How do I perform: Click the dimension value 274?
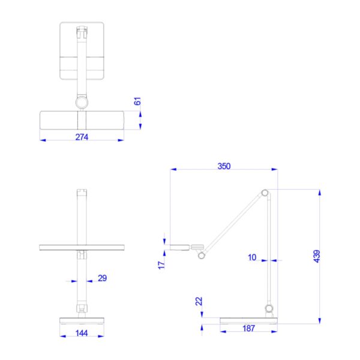click(x=82, y=137)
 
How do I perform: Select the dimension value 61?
click(x=137, y=101)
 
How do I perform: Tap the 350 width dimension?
click(x=224, y=166)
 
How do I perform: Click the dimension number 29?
click(x=102, y=278)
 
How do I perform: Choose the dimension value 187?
click(x=248, y=328)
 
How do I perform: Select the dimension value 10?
click(x=252, y=257)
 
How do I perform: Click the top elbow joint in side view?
click(x=264, y=193)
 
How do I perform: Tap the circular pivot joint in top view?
click(x=81, y=103)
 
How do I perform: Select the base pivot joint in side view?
click(x=269, y=310)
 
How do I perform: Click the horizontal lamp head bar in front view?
click(x=81, y=247)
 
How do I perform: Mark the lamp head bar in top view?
click(x=82, y=119)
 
